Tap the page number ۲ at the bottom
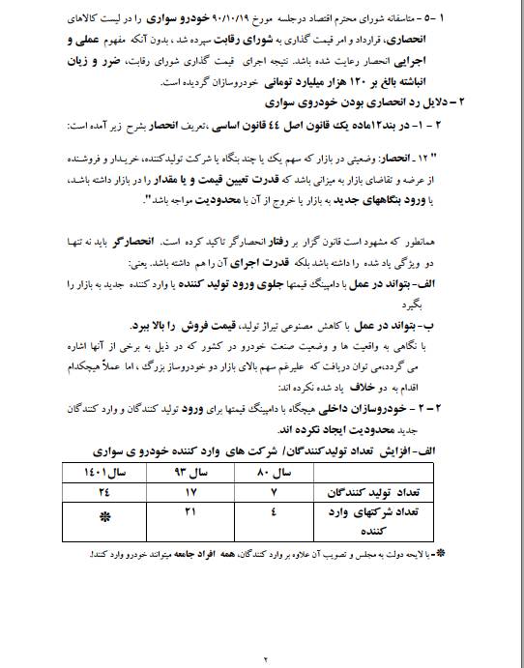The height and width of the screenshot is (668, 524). [263, 657]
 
